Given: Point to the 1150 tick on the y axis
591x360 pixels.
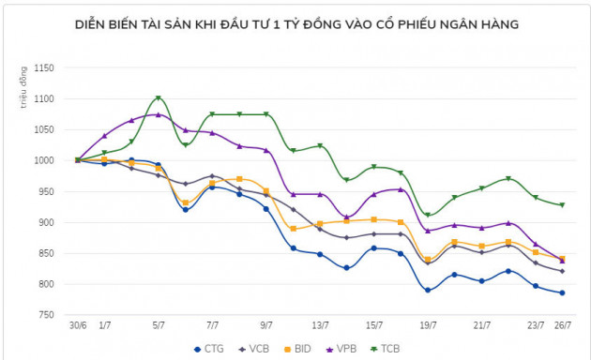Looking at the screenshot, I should pyautogui.click(x=44, y=67).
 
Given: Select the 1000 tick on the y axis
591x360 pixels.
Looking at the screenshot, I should pyautogui.click(x=44, y=160).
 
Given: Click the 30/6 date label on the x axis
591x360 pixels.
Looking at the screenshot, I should pyautogui.click(x=78, y=326).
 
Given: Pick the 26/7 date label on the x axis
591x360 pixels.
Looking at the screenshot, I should pyautogui.click(x=562, y=326).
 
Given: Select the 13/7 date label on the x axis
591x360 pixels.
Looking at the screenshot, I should pyautogui.click(x=320, y=326).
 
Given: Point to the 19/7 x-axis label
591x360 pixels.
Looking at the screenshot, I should pyautogui.click(x=428, y=326).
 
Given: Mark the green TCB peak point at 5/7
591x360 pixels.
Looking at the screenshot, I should pyautogui.click(x=159, y=97).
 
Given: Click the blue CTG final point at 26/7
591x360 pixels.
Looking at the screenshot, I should pyautogui.click(x=562, y=292).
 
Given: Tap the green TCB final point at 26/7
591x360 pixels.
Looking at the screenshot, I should pyautogui.click(x=562, y=204).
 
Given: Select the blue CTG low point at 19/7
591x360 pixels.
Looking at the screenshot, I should pyautogui.click(x=428, y=290).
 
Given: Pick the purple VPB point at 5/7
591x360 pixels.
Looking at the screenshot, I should pyautogui.click(x=159, y=115).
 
